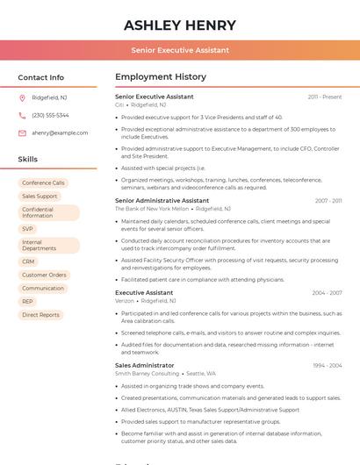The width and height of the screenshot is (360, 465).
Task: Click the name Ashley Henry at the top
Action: pos(180,25)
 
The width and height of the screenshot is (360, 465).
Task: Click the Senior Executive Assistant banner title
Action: pos(180,51)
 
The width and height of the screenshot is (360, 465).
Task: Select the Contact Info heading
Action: pos(41,77)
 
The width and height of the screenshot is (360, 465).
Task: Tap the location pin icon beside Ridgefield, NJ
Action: pos(22,97)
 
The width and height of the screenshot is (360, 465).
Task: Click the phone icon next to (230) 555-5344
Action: pos(22,115)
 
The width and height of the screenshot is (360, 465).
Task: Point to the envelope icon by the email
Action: pos(22,133)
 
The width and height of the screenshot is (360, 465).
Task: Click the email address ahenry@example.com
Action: pos(60,133)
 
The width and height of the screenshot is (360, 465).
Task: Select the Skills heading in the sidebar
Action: pos(28,160)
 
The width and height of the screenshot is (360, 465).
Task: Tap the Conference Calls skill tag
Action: pos(43,183)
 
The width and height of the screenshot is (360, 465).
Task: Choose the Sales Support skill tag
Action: pos(40,197)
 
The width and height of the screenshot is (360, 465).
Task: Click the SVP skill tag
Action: pos(27,229)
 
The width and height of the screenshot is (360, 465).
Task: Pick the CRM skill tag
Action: pos(28,261)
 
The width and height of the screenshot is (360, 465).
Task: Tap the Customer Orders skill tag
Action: pos(44,275)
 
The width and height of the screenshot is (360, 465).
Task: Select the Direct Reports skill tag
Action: pos(40,315)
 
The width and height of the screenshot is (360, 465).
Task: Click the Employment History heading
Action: pos(161,77)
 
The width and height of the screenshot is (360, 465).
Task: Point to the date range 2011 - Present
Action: pos(324,97)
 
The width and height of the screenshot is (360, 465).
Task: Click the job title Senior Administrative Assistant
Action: pos(162,201)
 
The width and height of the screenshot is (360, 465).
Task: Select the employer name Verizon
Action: pos(125,301)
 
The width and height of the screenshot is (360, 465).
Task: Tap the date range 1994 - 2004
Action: pos(327,366)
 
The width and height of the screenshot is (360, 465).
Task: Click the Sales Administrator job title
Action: pos(144,365)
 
